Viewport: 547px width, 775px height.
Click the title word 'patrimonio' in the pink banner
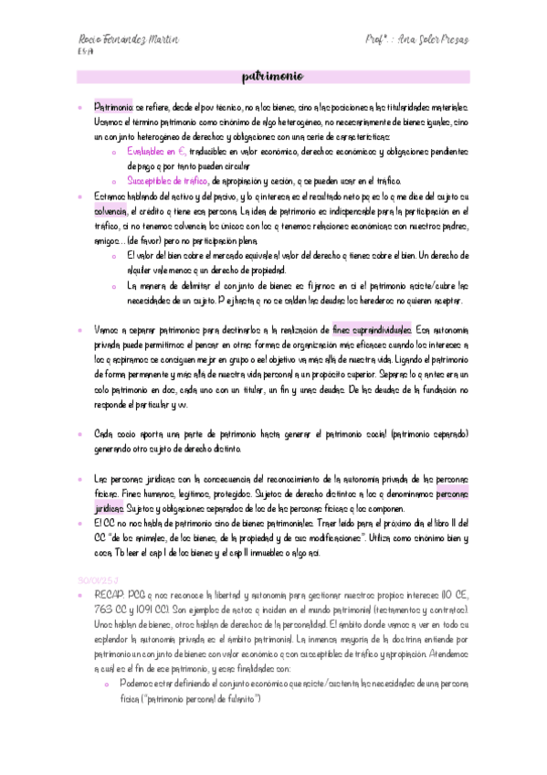coord(273,76)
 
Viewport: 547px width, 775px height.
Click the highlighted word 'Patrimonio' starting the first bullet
coord(113,107)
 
